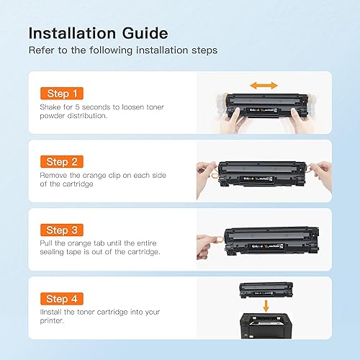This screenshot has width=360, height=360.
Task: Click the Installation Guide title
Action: [98, 33]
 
